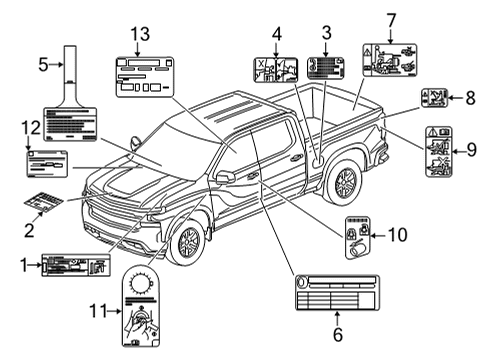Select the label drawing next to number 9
tap(438, 151)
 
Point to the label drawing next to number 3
tap(325, 68)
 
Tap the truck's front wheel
tap(187, 242)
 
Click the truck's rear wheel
tap(344, 181)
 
